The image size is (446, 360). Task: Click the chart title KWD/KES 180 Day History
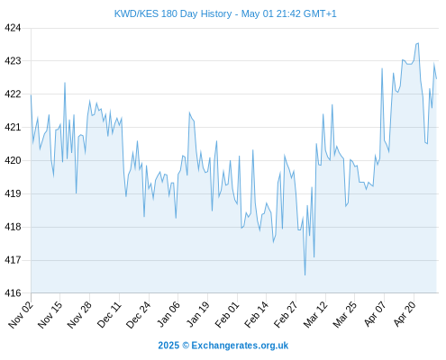coord(173,13)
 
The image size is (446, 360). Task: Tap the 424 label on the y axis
coord(13,28)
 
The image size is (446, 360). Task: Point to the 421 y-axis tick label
coord(13,128)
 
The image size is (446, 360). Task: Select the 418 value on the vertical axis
coord(13,227)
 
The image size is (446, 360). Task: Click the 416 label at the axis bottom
coord(13,293)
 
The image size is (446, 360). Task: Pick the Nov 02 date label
coord(21,315)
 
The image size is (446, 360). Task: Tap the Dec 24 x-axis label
coord(138,315)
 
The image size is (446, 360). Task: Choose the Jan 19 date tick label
coord(197,315)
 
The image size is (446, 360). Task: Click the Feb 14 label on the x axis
coord(256,315)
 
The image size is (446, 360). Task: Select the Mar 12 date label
coord(315,315)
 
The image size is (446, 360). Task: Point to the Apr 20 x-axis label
coord(405,315)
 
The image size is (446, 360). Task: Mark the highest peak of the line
coord(418,43)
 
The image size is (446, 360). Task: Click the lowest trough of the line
coord(305,274)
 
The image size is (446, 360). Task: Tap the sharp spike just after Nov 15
coord(65,83)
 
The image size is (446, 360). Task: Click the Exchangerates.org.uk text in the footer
coord(240,346)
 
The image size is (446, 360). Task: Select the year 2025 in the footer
coord(168,346)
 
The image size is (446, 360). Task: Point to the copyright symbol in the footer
coord(186,346)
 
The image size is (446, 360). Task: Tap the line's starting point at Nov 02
coord(31,95)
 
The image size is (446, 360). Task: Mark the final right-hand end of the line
coord(436,79)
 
